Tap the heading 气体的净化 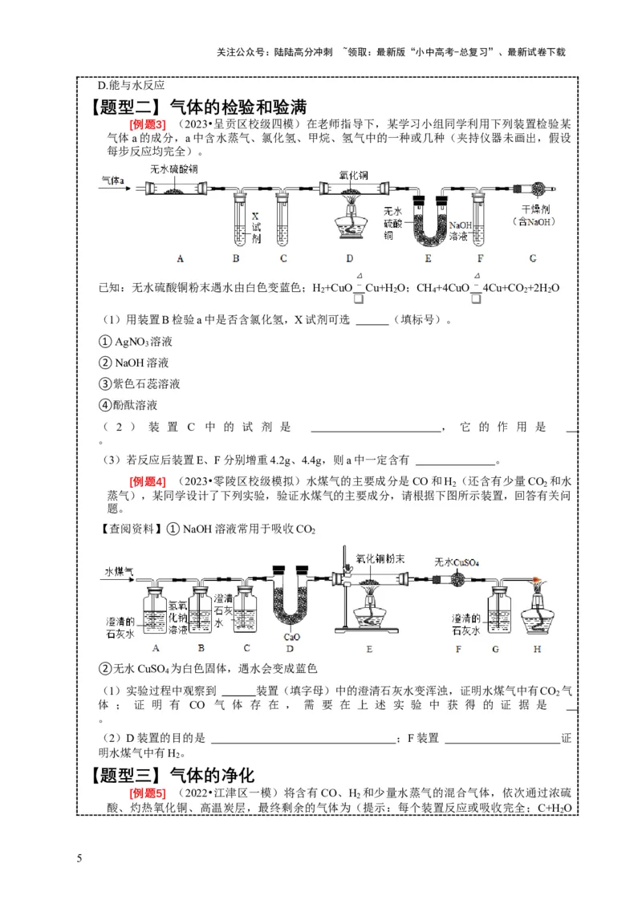tap(212, 776)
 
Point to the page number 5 tap(79, 861)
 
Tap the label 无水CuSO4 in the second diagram tap(456, 562)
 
